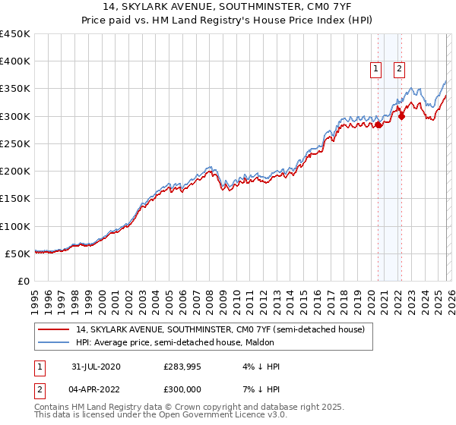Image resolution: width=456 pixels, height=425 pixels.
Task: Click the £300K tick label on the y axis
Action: (x=15, y=116)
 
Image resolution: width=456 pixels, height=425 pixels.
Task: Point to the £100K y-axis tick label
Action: (x=15, y=226)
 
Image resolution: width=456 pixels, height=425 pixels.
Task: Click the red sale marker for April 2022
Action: (x=401, y=116)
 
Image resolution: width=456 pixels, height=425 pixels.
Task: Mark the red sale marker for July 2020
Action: (x=378, y=125)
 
